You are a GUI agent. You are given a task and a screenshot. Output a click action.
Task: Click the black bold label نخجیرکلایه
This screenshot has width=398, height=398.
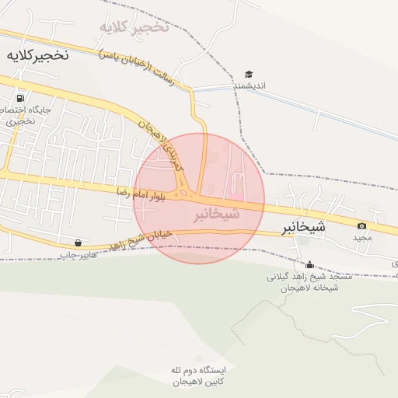point(37,56)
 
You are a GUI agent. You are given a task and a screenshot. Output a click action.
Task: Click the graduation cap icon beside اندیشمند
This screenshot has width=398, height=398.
point(249,75)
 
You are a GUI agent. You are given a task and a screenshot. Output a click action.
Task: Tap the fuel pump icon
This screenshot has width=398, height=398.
point(19,99)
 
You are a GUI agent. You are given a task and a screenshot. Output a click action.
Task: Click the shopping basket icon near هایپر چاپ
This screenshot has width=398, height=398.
point(78,243)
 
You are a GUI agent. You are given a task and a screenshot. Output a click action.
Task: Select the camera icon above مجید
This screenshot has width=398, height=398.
point(361,225)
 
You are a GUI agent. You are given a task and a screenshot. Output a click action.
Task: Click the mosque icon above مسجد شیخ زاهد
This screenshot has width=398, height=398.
point(310,264)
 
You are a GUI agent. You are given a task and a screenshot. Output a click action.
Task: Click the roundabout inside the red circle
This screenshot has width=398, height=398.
point(186,192)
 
